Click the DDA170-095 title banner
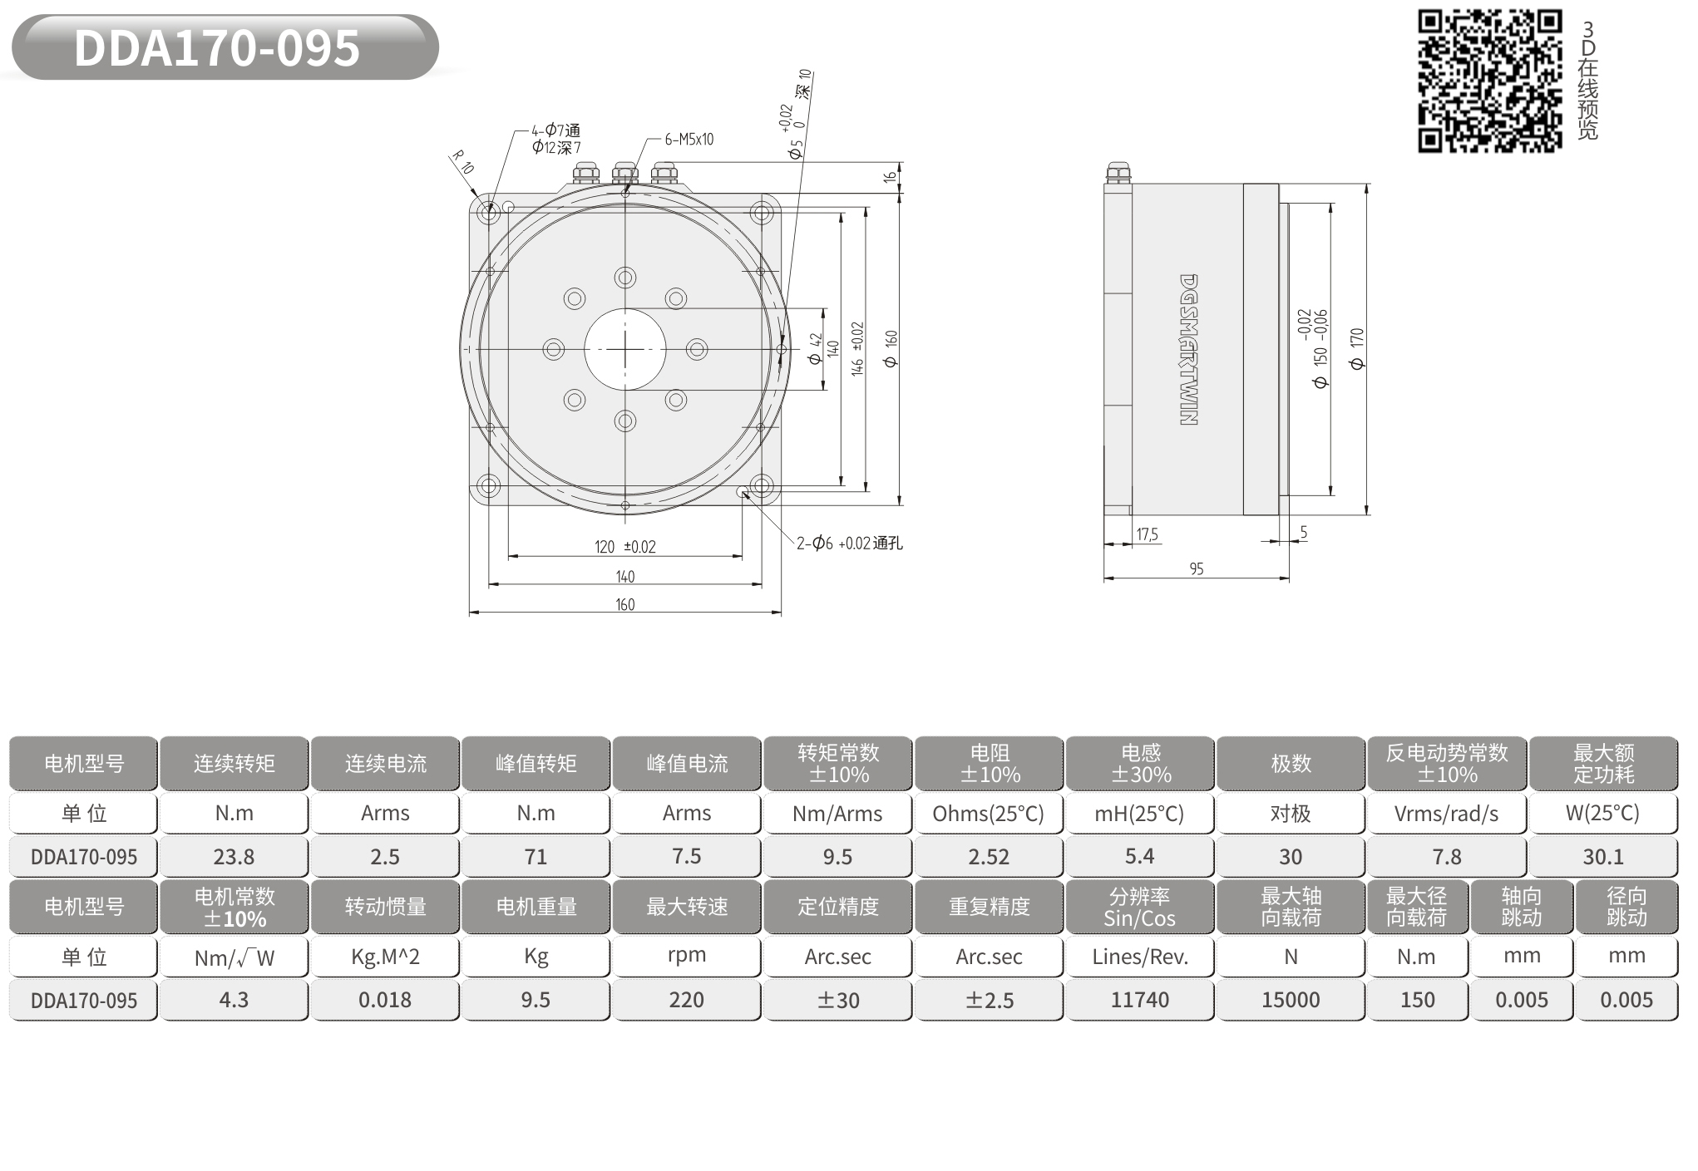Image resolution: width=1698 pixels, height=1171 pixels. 225,47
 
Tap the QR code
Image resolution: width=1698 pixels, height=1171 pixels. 1490,81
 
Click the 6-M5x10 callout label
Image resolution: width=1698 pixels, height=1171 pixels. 689,140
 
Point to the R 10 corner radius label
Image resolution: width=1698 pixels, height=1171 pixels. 462,162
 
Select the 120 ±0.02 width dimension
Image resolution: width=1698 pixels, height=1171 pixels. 625,547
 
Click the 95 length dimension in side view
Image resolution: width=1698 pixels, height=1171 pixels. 1197,569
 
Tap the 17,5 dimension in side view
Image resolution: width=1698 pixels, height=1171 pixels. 1148,534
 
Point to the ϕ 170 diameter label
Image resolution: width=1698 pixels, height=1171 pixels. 1357,349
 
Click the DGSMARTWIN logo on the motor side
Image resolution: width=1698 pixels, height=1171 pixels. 1188,350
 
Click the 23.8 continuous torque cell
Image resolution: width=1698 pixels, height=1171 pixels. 234,857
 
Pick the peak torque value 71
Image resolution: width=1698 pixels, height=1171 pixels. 536,857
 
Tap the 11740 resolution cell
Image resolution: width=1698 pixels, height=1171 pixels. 1139,1000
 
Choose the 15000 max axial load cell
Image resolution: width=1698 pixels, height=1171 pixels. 1291,1000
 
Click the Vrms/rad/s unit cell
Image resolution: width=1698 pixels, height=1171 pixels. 1446,814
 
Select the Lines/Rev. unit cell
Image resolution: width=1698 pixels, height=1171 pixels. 1139,957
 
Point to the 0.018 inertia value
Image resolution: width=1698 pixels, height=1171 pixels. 385,1000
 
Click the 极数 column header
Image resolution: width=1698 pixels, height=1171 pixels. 1291,763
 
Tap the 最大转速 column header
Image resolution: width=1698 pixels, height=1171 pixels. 687,907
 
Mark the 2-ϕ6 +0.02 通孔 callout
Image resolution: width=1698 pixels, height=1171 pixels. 849,544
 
